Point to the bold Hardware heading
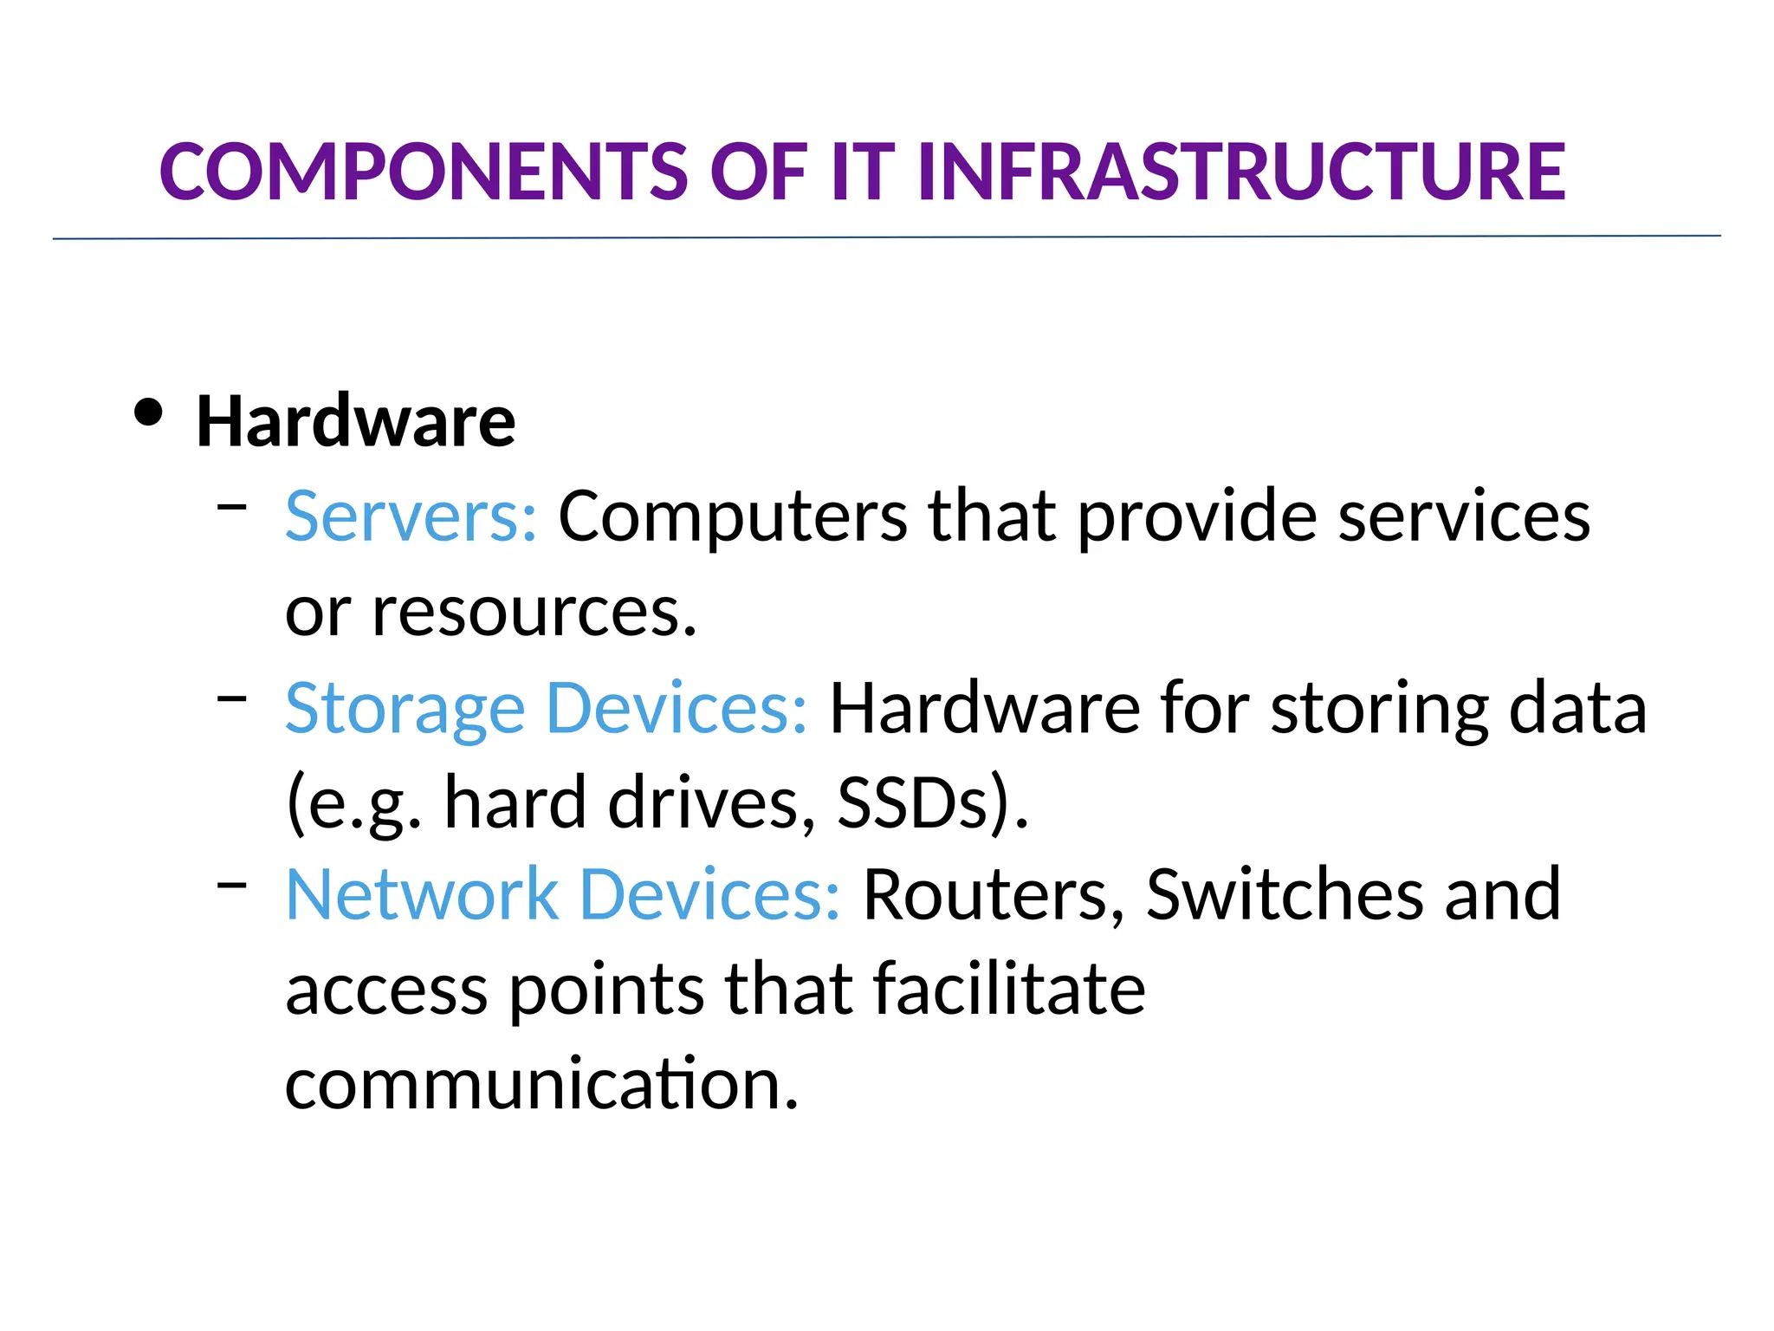[355, 422]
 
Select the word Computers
[732, 516]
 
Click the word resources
[533, 613]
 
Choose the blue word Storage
[405, 710]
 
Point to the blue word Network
[422, 894]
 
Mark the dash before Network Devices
[232, 883]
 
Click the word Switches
[1284, 894]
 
